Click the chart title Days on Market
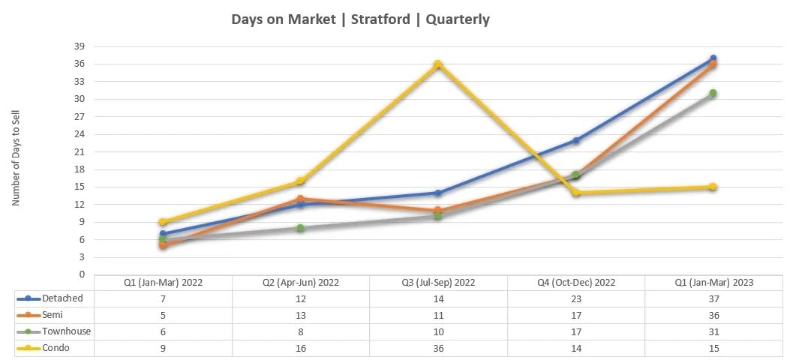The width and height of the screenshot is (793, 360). click(360, 19)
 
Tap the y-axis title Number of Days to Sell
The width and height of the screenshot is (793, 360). click(17, 160)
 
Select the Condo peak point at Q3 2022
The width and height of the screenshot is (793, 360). click(437, 64)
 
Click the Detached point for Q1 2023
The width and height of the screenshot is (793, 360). click(713, 58)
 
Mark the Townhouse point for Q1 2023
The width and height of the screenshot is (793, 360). click(713, 93)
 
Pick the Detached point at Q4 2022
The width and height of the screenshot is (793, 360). click(575, 140)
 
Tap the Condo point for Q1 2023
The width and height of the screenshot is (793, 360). click(713, 187)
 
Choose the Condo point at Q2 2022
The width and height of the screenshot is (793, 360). click(300, 181)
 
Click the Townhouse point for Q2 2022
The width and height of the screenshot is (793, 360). click(300, 228)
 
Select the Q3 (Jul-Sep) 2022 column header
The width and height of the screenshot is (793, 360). click(438, 283)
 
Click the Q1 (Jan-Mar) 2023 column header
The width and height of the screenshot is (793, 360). click(713, 283)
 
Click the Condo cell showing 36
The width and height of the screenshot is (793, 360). click(438, 348)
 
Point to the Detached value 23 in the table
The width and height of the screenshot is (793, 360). click(575, 298)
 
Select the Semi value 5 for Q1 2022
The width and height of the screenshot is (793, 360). click(163, 315)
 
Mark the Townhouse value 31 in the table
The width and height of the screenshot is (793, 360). click(713, 331)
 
